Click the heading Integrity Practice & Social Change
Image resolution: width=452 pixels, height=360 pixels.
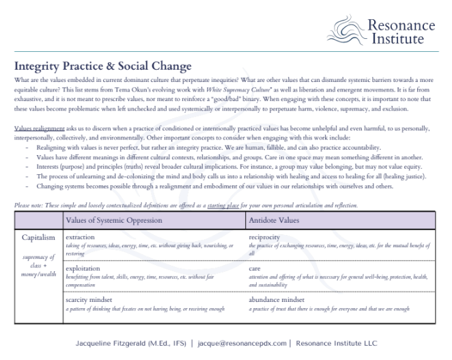pos(102,66)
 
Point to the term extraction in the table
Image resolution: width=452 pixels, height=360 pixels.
pos(81,236)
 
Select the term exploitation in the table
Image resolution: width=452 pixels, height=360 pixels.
pos(83,269)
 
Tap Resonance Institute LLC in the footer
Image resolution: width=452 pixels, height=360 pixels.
pos(335,343)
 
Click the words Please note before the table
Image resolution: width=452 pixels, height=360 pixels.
pos(27,206)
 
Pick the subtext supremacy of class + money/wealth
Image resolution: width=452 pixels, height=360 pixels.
pos(38,265)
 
